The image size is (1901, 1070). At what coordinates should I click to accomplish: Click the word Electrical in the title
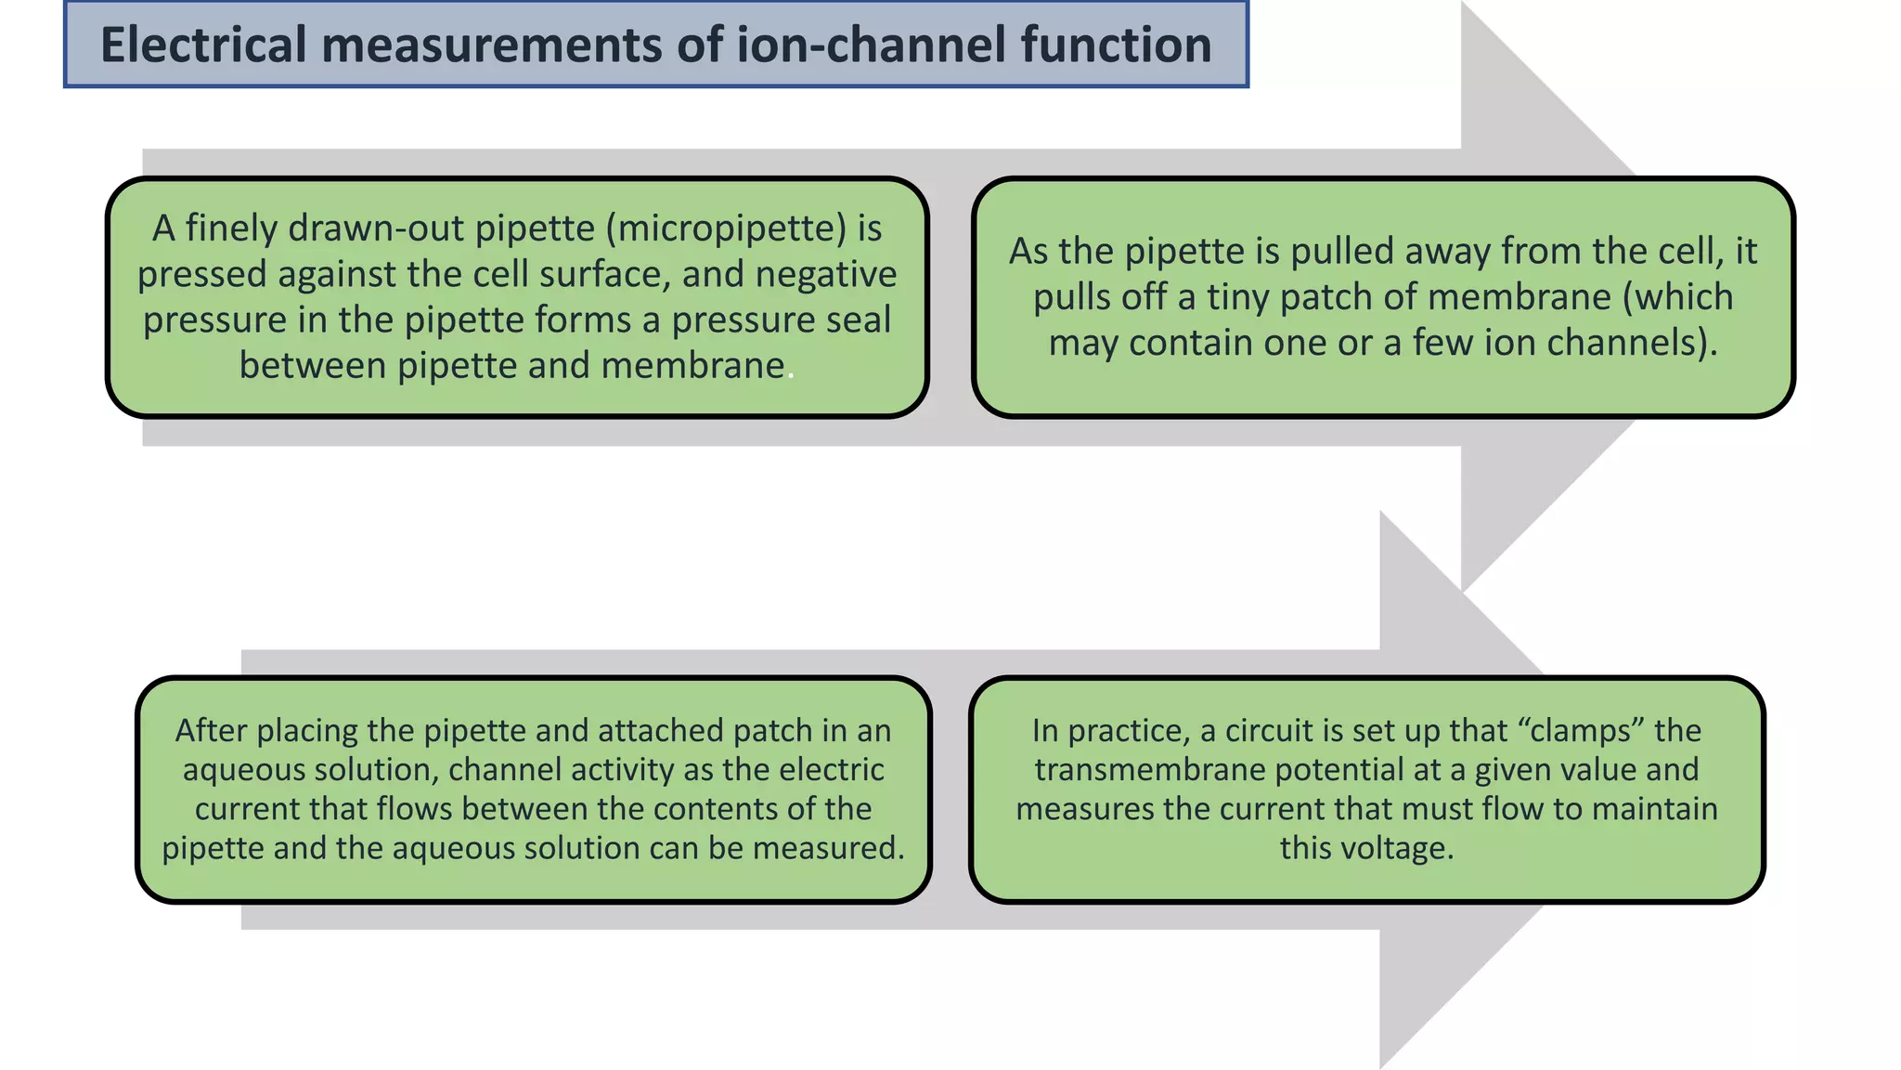(x=202, y=45)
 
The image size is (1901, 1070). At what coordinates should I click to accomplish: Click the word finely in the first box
(x=232, y=228)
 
